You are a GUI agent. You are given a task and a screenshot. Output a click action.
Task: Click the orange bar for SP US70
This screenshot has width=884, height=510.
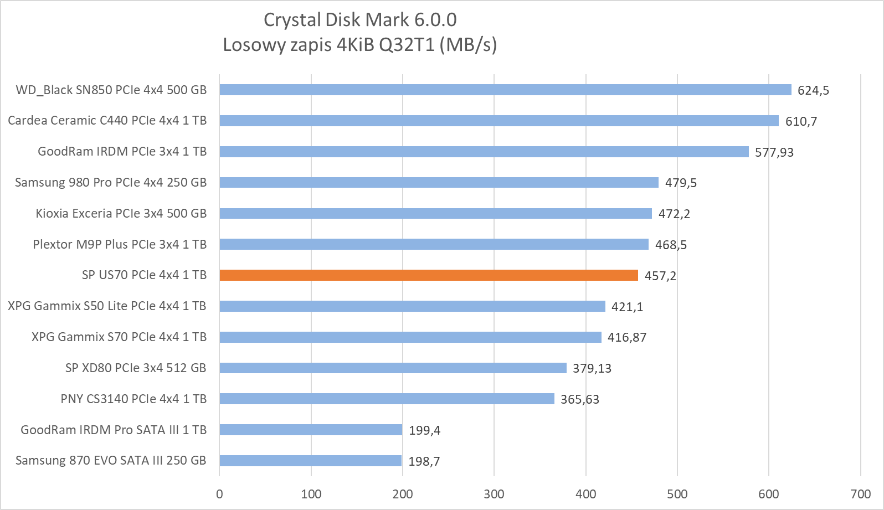click(x=429, y=275)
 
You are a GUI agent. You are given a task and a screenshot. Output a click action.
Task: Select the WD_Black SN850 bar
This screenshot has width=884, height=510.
click(x=505, y=90)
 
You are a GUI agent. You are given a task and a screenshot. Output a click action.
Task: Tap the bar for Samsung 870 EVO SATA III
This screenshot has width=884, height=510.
click(x=310, y=461)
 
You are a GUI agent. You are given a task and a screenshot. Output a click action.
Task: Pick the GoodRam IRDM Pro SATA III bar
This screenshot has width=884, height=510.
click(x=311, y=430)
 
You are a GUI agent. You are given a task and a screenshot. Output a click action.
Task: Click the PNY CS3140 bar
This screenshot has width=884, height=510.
click(x=387, y=399)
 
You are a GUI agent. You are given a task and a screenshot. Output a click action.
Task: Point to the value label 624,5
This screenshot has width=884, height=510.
click(x=813, y=90)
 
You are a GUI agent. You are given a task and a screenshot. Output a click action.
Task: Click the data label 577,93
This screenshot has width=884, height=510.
click(x=774, y=152)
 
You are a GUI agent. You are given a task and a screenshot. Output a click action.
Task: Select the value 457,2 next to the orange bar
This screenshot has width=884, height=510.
click(x=660, y=276)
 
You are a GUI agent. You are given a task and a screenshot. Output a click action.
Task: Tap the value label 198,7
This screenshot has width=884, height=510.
click(x=424, y=461)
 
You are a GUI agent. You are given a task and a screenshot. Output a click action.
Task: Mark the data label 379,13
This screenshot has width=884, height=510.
click(x=592, y=368)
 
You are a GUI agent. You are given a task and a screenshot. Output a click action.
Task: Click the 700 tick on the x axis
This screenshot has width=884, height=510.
click(x=860, y=494)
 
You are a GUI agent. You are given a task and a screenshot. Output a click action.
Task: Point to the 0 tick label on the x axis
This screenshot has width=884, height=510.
click(x=219, y=494)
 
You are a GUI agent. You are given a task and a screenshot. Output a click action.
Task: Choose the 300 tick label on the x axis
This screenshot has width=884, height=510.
click(x=494, y=494)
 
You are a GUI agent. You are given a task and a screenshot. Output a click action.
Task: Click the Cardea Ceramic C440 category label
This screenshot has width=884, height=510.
click(x=107, y=121)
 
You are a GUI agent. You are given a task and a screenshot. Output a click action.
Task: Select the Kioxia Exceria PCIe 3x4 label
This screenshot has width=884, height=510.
click(x=121, y=213)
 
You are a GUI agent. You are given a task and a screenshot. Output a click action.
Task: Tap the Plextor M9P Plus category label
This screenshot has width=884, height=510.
click(x=120, y=244)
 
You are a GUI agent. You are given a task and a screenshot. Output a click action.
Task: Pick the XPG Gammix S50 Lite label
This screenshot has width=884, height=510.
click(x=107, y=306)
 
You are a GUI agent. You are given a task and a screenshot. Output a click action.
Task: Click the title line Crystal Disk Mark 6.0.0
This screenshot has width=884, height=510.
click(x=360, y=20)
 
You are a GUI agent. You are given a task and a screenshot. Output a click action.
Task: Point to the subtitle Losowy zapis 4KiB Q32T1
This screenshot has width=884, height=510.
click(x=360, y=44)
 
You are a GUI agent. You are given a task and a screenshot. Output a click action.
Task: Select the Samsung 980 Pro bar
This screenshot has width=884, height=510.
click(x=439, y=183)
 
